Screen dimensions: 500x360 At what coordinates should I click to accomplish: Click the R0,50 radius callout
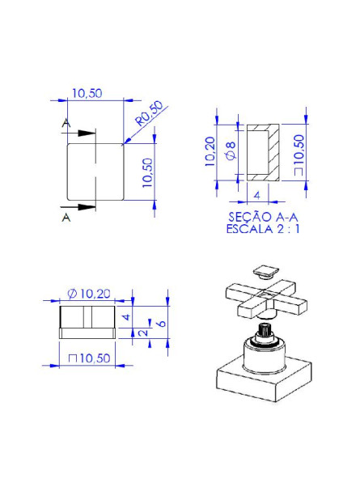pos(149,115)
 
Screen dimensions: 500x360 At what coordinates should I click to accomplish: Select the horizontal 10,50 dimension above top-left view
pos(86,94)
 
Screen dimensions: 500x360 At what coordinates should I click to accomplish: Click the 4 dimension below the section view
pos(256,195)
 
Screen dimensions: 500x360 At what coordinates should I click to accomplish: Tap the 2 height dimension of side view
pos(143,333)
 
